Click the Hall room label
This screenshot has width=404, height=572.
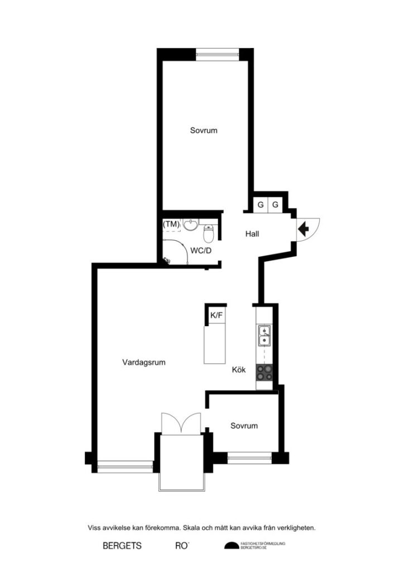pyautogui.click(x=252, y=234)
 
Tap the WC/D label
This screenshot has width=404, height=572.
pyautogui.click(x=201, y=251)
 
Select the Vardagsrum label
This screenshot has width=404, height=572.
pyautogui.click(x=144, y=362)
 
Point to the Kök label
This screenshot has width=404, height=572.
pyautogui.click(x=239, y=369)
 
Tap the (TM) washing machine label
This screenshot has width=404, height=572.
pyautogui.click(x=171, y=224)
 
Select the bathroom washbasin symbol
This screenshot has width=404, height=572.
pyautogui.click(x=191, y=225)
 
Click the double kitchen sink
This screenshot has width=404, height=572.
pyautogui.click(x=264, y=336)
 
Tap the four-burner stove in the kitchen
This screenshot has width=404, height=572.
pyautogui.click(x=264, y=372)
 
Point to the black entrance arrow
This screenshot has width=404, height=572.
pyautogui.click(x=304, y=228)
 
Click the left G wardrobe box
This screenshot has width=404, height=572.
pyautogui.click(x=261, y=204)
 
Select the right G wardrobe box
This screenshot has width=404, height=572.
pyautogui.click(x=276, y=204)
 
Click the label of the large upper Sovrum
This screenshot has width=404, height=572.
pyautogui.click(x=203, y=130)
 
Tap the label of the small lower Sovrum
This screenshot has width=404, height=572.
pyautogui.click(x=244, y=426)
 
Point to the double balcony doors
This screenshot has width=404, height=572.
pyautogui.click(x=180, y=422)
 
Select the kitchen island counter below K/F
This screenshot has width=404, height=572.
pyautogui.click(x=215, y=344)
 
